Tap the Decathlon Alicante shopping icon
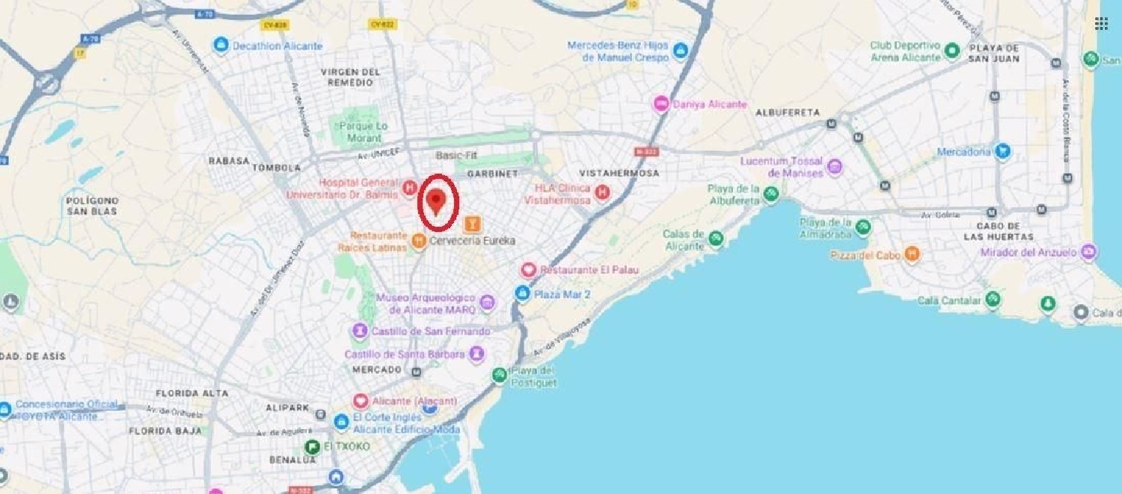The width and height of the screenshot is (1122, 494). (221, 46)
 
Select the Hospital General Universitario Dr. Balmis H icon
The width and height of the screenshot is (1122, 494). (409, 188)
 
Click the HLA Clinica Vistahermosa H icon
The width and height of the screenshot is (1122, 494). (602, 195)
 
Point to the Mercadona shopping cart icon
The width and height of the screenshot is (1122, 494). (1002, 152)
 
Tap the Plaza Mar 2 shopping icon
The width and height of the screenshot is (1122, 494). (523, 294)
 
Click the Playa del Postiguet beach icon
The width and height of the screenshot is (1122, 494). (499, 375)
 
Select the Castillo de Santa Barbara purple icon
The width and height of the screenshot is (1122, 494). (476, 354)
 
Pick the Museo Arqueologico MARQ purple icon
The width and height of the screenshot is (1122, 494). (488, 303)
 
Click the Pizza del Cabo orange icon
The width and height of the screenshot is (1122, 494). (912, 255)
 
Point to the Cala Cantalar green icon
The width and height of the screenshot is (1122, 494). (993, 300)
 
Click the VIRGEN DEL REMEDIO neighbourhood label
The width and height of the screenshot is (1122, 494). (350, 77)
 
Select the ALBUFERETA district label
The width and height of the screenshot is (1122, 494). (788, 112)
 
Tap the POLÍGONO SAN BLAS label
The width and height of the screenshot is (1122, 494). (92, 206)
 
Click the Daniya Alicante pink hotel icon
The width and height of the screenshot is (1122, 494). (661, 104)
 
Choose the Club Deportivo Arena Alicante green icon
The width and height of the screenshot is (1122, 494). (952, 52)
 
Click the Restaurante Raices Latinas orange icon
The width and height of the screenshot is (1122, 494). (420, 241)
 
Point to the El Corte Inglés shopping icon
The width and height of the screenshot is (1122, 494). (342, 423)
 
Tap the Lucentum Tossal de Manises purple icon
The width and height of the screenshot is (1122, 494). (835, 167)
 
